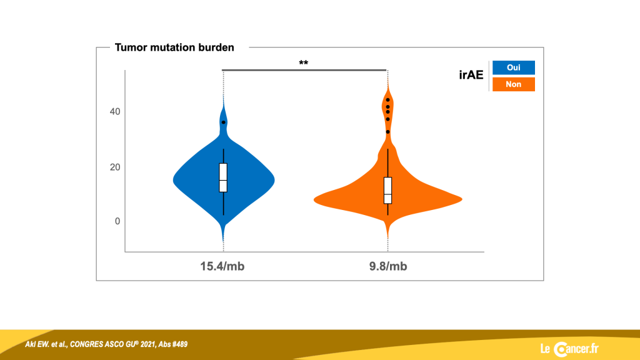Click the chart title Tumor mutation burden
coord(174,47)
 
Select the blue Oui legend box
coord(514,67)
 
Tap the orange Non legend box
coord(514,84)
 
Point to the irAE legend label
coord(471,75)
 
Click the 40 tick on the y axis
coord(115,111)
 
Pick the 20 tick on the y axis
coord(115,167)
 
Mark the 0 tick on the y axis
coord(117,221)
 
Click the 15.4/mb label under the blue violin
coord(222,266)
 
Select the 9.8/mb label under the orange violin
coord(388,266)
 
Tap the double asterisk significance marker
coord(303,63)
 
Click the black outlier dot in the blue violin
coord(223,122)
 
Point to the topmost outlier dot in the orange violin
coord(387,100)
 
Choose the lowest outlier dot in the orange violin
coord(387,132)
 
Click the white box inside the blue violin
coord(223,177)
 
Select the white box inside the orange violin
coord(387,190)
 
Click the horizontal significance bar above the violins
coord(304,70)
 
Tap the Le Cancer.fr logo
coord(569,349)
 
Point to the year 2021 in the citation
coord(147,344)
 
